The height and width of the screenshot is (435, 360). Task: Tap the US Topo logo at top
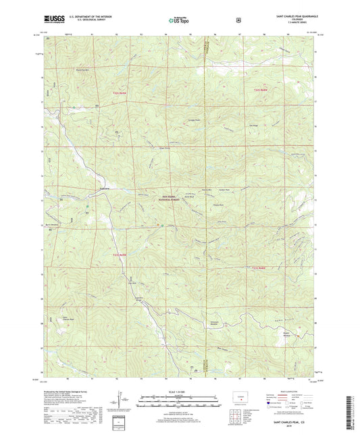(178, 21)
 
